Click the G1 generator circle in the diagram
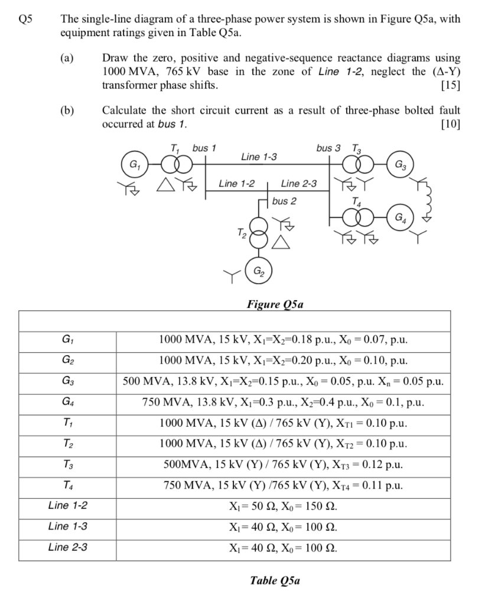(x=133, y=164)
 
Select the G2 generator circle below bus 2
(x=258, y=272)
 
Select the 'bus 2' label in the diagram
(x=285, y=201)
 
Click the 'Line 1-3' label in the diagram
(x=259, y=157)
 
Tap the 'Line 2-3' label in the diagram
(x=298, y=184)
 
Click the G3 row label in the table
(x=67, y=380)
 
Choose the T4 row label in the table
(x=67, y=485)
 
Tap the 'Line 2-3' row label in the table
(x=67, y=547)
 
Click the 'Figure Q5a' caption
(x=274, y=304)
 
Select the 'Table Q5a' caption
(x=275, y=580)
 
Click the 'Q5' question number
(x=25, y=18)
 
